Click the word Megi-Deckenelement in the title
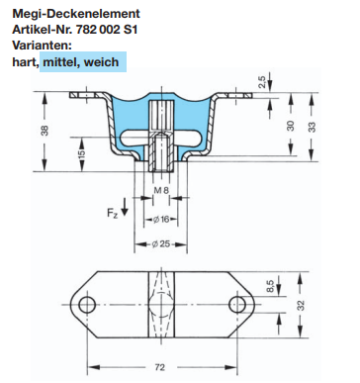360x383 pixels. pos(76,14)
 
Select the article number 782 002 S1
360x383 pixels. pos(107,30)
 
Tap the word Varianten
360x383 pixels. pos(42,46)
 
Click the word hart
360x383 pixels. pos(25,61)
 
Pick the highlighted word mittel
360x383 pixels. pos(60,61)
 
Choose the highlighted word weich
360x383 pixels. pos(101,61)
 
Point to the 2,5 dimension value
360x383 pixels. pos(261,83)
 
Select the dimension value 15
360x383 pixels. pos(82,153)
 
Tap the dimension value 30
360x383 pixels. pos(290,126)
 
